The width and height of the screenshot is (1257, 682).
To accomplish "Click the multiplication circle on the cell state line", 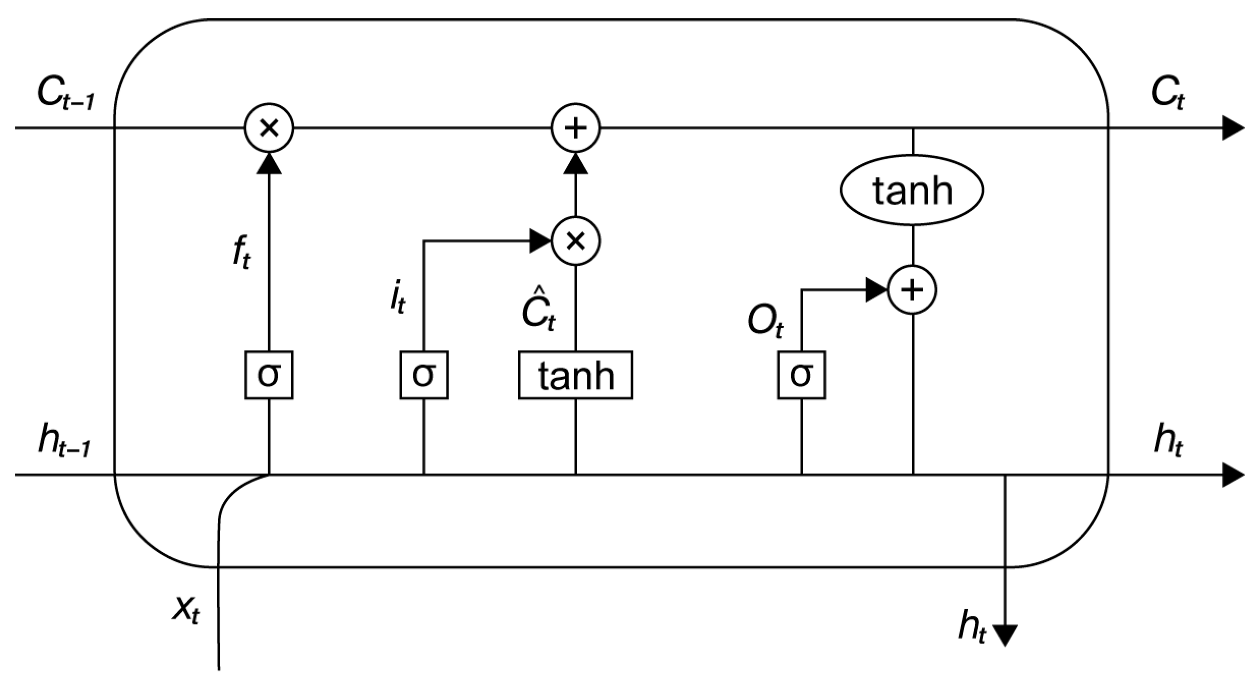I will click(x=269, y=128).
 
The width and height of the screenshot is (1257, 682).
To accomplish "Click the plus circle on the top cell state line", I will click(x=576, y=128).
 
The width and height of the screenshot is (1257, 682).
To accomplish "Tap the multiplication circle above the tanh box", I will click(x=576, y=241).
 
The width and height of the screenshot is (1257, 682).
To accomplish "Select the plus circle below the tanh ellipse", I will click(x=912, y=291).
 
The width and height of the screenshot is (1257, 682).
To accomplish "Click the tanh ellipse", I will click(x=911, y=190).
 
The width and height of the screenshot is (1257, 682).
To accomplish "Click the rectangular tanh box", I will click(x=576, y=375).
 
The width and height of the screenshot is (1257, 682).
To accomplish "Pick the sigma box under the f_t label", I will click(x=269, y=375).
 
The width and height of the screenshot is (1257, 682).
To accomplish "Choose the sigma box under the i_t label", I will click(x=424, y=375).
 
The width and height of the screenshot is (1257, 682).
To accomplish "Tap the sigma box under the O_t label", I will click(x=802, y=375).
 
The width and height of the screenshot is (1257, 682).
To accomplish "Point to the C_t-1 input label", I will click(x=65, y=95).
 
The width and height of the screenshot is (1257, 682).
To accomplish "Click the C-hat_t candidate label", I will click(x=538, y=310).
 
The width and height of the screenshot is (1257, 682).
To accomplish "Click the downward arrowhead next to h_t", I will click(x=1005, y=635).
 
